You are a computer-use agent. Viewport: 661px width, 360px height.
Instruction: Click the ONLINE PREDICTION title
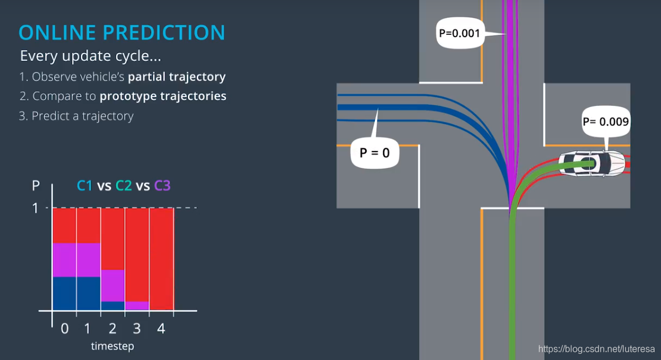(x=122, y=32)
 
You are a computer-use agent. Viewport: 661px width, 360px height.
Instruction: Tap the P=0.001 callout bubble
(x=460, y=33)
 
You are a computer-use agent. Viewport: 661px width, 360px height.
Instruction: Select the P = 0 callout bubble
(x=374, y=153)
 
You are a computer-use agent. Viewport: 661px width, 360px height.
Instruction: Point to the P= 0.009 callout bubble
(x=605, y=122)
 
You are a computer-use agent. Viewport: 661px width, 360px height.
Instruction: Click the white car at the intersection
(x=591, y=163)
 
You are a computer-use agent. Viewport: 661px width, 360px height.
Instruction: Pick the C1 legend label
(x=85, y=186)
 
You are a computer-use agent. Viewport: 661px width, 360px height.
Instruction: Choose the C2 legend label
(x=123, y=186)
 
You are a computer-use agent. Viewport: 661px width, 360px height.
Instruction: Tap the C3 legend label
(x=162, y=186)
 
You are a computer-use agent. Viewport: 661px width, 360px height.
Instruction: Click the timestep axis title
(x=112, y=346)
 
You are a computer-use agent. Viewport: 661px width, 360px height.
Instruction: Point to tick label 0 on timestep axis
(x=64, y=329)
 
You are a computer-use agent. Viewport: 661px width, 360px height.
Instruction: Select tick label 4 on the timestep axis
(x=161, y=329)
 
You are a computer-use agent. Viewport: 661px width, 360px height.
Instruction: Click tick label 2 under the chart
(x=112, y=329)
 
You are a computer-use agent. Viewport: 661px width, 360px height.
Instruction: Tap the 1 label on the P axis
(x=35, y=208)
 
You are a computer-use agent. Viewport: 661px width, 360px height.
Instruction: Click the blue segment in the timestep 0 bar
(x=64, y=293)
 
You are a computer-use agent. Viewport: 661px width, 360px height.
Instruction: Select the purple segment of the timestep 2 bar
(x=113, y=285)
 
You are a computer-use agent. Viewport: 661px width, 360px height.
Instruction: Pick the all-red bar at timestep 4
(x=161, y=259)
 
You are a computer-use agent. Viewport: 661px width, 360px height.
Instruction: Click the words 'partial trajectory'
(x=177, y=76)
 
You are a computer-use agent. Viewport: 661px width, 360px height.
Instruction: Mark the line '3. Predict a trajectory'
(x=76, y=116)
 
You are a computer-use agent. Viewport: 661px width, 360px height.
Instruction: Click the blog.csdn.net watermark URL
(x=596, y=349)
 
